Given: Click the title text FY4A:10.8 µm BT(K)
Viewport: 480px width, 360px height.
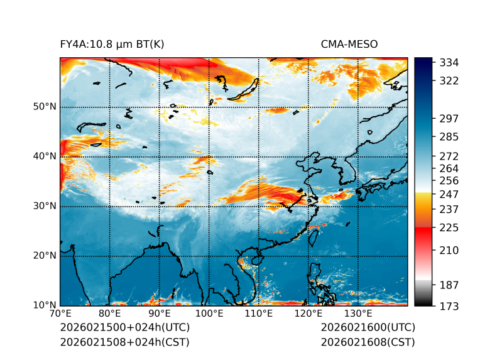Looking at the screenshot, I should click(x=112, y=44).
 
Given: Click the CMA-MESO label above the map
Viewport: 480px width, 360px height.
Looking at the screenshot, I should click(x=349, y=44).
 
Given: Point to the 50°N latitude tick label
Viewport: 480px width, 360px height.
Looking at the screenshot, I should click(x=45, y=107).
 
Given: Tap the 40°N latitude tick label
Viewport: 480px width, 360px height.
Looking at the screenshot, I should click(x=45, y=156).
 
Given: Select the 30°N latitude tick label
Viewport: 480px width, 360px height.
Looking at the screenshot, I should click(x=45, y=206).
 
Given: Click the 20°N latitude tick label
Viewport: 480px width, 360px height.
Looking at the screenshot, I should click(x=45, y=256).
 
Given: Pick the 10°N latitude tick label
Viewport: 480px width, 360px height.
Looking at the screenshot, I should click(x=45, y=305).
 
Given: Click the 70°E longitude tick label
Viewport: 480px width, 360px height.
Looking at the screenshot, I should click(x=60, y=314).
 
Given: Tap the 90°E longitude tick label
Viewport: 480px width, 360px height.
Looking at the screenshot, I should click(x=160, y=314).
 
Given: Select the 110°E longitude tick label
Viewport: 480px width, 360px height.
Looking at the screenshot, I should click(x=259, y=314).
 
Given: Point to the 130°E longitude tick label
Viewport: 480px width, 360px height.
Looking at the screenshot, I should click(x=358, y=314).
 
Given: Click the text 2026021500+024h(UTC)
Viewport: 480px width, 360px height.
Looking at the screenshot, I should click(x=124, y=328).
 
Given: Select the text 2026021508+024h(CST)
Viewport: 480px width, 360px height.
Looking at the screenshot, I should click(x=124, y=342).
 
